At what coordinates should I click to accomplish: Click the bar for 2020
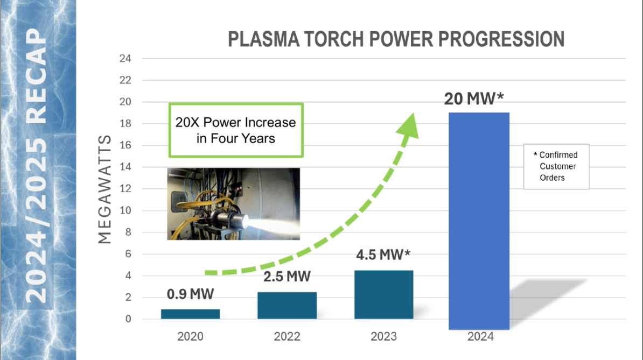pos(190,314)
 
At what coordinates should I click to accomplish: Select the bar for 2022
pos(287,305)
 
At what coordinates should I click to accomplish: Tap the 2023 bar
pos(384,294)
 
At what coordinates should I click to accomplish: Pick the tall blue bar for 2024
pos(479,221)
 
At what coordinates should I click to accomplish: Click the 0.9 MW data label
pos(190,294)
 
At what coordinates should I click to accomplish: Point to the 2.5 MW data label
pos(287,277)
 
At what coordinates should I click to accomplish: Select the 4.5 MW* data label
pos(383,255)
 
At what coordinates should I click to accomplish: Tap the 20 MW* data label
pos(474,98)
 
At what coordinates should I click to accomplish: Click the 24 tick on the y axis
pos(125,59)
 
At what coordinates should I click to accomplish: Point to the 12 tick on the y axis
pos(125,189)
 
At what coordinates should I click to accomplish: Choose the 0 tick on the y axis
pos(128,319)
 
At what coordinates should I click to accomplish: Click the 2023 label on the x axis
pos(384,337)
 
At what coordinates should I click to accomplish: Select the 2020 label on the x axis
pos(190,337)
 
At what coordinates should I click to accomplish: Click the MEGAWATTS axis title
pos(105,189)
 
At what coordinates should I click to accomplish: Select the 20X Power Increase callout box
pos(236,130)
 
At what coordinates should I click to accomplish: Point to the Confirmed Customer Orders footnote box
pos(556,167)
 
